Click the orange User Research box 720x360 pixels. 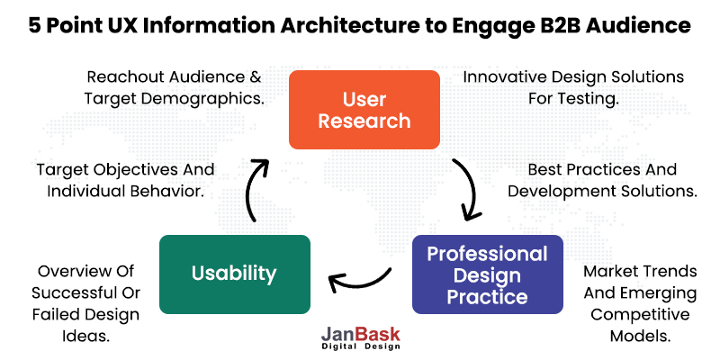point(363,109)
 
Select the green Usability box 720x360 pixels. point(234,274)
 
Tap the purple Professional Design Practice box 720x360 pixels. point(487,274)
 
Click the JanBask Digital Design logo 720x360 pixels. point(360,337)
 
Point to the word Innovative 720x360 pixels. point(507,76)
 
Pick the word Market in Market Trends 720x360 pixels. point(608,270)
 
